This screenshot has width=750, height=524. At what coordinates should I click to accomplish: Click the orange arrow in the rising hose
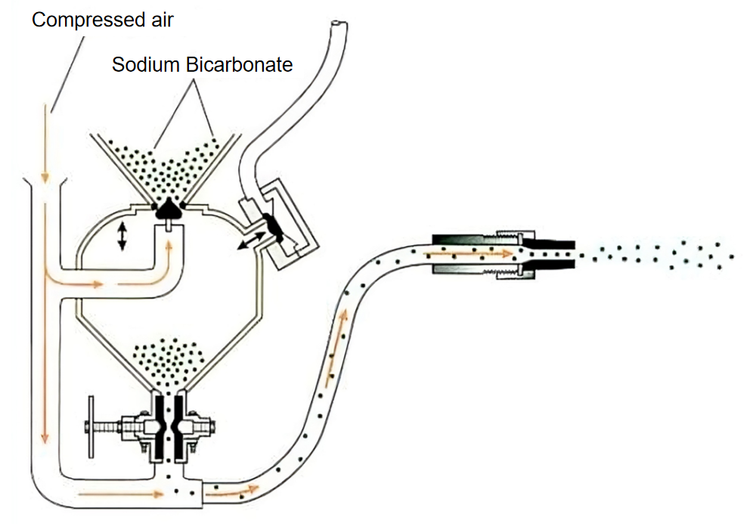[x=337, y=336]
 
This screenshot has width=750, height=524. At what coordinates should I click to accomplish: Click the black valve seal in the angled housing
[x=273, y=228]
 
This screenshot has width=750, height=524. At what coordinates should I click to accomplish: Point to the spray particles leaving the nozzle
[x=662, y=254]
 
